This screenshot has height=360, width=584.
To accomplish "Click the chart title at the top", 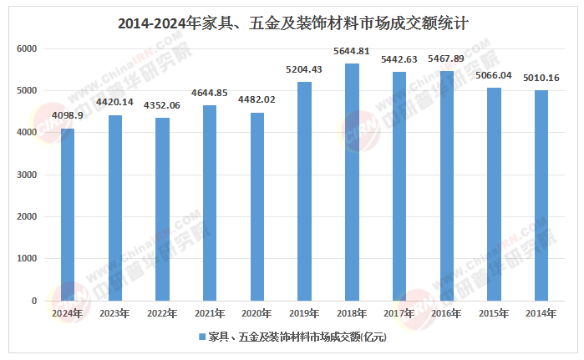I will pyautogui.click(x=292, y=23).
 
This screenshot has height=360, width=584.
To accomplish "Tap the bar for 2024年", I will pyautogui.click(x=67, y=215).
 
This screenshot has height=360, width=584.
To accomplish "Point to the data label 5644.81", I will pyautogui.click(x=352, y=52).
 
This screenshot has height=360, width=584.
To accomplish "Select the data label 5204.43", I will pyautogui.click(x=304, y=70).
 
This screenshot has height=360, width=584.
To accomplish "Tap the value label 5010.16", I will pyautogui.click(x=541, y=79).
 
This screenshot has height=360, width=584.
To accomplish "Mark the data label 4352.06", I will pyautogui.click(x=162, y=106).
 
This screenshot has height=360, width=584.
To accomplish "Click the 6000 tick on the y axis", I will pyautogui.click(x=28, y=48).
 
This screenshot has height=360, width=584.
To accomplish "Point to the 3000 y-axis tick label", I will pyautogui.click(x=28, y=175).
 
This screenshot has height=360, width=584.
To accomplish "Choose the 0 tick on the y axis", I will pyautogui.click(x=34, y=301).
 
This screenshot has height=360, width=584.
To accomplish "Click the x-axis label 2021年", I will pyautogui.click(x=209, y=314).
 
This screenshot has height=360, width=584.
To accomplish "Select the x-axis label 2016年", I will pyautogui.click(x=446, y=314).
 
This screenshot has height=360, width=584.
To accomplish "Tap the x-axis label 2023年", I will pyautogui.click(x=114, y=314).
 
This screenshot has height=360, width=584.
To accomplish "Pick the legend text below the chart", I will pyautogui.click(x=297, y=338).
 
